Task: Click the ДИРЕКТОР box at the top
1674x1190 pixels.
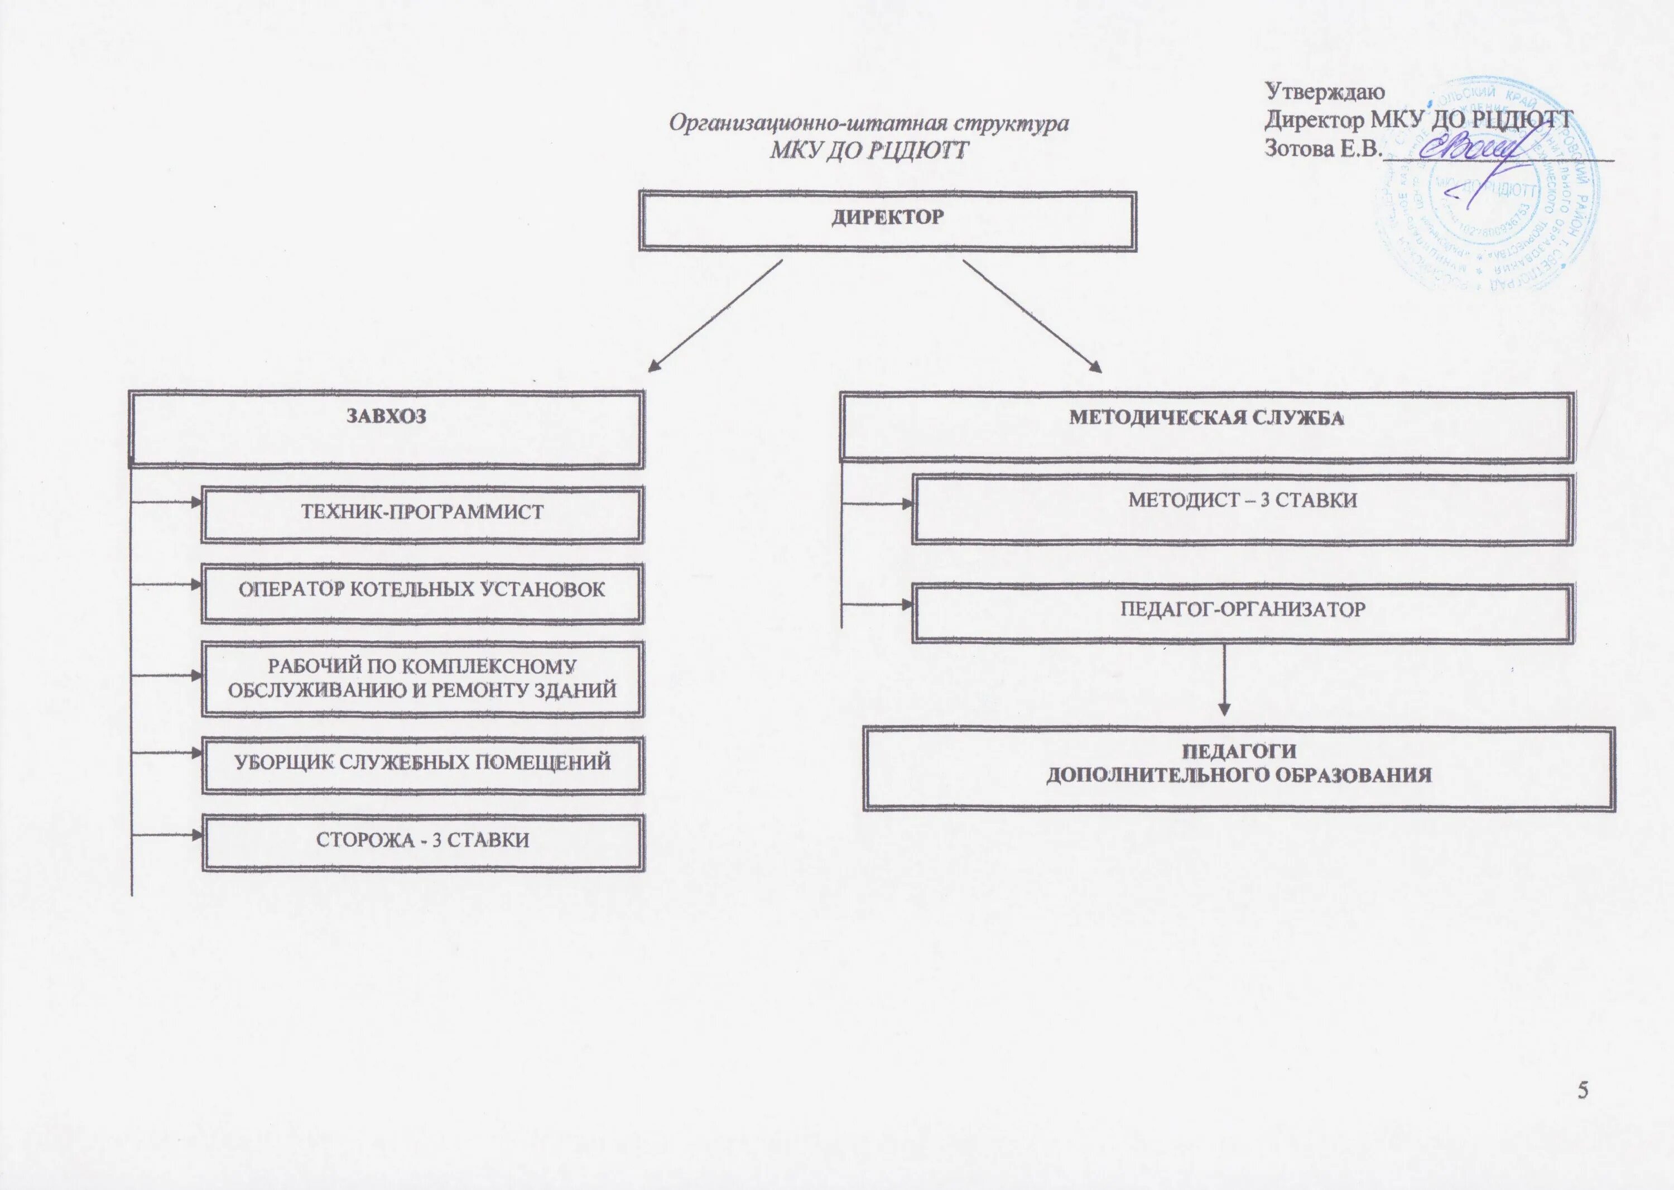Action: (887, 220)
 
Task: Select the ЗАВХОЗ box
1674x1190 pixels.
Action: (386, 429)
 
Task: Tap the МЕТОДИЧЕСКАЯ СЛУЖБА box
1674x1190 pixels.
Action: (1206, 429)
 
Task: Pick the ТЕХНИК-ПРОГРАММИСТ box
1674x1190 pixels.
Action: (423, 513)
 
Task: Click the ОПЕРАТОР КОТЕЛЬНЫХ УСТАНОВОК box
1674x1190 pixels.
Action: (423, 592)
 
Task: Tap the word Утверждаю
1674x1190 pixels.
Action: (1325, 92)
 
